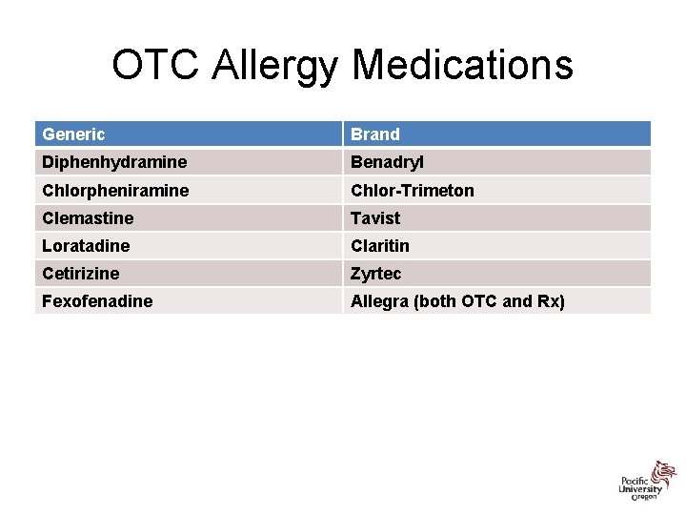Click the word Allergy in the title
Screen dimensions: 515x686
[276, 66]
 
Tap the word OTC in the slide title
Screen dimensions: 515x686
[156, 66]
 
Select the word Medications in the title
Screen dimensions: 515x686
[463, 66]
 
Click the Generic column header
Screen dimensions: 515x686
[73, 134]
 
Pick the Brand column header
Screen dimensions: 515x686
[375, 134]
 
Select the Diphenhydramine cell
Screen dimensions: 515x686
[114, 162]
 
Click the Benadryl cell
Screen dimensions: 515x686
[389, 162]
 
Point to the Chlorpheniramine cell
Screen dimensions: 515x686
[115, 190]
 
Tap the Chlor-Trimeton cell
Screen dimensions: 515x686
[412, 190]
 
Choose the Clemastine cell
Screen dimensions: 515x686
[88, 217]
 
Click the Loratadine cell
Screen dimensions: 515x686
[86, 245]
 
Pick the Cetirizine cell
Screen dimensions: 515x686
[81, 273]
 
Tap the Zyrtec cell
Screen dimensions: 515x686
[376, 273]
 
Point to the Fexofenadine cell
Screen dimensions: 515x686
[97, 301]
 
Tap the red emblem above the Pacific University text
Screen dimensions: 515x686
[663, 471]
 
